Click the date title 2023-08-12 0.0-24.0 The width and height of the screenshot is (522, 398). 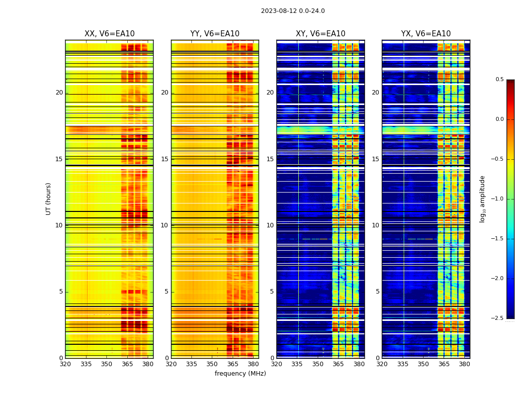(293, 11)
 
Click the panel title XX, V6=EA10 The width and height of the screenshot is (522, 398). (109, 34)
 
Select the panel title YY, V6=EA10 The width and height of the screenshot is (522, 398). (215, 34)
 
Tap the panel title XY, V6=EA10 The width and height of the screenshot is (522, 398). (321, 34)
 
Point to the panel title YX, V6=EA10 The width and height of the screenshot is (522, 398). (426, 34)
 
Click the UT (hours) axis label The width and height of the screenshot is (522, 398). (48, 199)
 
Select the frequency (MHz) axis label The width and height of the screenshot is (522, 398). (240, 374)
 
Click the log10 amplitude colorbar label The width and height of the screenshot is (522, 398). (482, 199)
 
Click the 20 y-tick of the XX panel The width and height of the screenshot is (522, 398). (59, 93)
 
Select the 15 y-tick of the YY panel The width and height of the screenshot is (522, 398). (165, 159)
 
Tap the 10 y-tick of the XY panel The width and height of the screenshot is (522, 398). (270, 225)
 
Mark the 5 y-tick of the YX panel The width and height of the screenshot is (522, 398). (377, 292)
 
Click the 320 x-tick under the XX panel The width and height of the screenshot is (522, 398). (65, 365)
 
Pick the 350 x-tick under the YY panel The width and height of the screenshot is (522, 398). (212, 365)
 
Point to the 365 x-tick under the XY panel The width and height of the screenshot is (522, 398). (339, 365)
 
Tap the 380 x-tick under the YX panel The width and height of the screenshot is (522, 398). (464, 365)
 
